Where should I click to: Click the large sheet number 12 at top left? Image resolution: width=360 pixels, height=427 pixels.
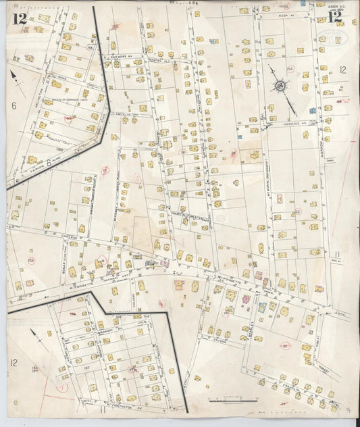(18, 18)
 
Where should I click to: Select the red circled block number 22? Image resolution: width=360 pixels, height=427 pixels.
(297, 211)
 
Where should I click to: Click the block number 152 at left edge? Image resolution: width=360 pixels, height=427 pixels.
(30, 259)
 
